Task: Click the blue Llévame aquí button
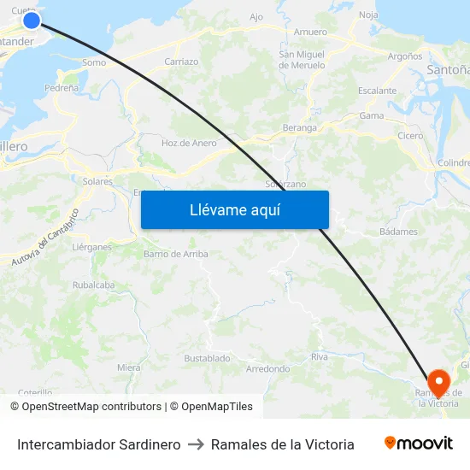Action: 234,209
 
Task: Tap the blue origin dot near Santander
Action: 32,20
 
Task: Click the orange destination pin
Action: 438,382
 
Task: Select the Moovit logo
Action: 418,444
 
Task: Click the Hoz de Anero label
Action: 189,143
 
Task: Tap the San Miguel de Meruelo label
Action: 302,59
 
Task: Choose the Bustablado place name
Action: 207,358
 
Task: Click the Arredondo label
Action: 267,369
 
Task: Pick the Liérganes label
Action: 92,247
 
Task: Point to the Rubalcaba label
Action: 93,285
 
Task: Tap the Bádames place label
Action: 398,232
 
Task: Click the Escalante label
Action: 377,91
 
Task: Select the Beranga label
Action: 299,128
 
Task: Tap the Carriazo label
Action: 181,62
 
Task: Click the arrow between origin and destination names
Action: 196,444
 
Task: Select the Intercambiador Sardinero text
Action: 98,444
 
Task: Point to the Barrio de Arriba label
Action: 175,254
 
